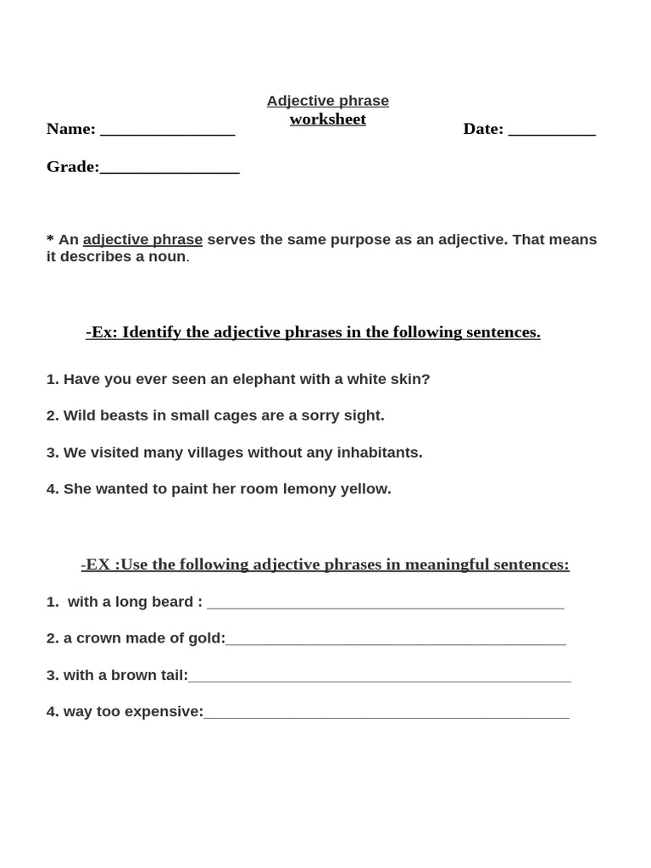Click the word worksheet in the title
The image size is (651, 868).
point(327,120)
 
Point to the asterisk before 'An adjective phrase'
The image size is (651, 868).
point(50,239)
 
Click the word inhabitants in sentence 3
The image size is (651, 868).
point(380,453)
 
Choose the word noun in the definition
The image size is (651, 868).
point(167,257)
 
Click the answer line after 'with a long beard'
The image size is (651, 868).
point(385,605)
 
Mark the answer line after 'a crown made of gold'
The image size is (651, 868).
point(395,642)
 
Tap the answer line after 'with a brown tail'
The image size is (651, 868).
point(379,679)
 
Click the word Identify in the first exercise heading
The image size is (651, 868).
point(153,332)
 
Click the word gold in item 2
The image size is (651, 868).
point(206,638)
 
